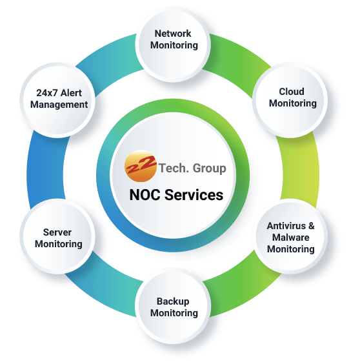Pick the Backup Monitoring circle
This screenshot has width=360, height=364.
pyautogui.click(x=174, y=307)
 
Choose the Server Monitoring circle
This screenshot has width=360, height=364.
pyautogui.click(x=58, y=238)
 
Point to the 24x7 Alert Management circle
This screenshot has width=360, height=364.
pyautogui.click(x=58, y=98)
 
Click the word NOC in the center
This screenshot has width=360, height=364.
pyautogui.click(x=144, y=194)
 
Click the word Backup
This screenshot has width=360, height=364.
pyautogui.click(x=174, y=301)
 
